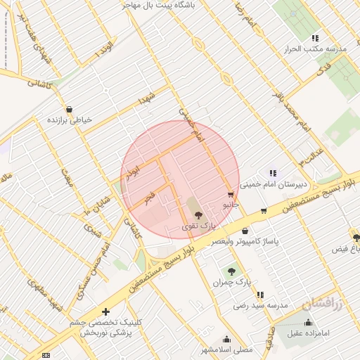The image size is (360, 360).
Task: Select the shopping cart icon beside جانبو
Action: click(231, 194)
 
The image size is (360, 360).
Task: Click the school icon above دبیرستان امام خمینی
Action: click(273, 173)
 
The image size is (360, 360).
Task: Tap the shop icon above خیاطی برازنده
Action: click(69, 110)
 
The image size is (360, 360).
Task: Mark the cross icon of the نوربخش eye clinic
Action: click(105, 311)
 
